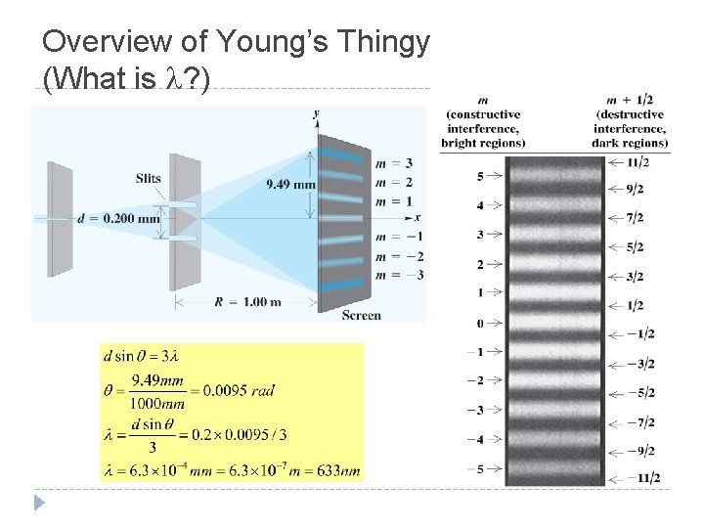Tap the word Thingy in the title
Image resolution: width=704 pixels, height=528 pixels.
388,43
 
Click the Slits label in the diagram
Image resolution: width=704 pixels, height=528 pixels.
149,178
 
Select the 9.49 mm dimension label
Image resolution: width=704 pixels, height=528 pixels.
290,183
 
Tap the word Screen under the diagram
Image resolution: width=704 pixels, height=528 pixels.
361,315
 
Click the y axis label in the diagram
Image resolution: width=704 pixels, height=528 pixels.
316,114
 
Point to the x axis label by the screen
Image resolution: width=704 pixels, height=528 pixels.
418,217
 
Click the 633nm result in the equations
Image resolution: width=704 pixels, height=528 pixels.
340,470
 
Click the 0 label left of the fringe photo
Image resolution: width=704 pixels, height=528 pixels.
480,323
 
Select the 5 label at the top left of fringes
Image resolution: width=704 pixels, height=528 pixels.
480,176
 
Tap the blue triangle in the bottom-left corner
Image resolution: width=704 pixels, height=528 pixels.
38,504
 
